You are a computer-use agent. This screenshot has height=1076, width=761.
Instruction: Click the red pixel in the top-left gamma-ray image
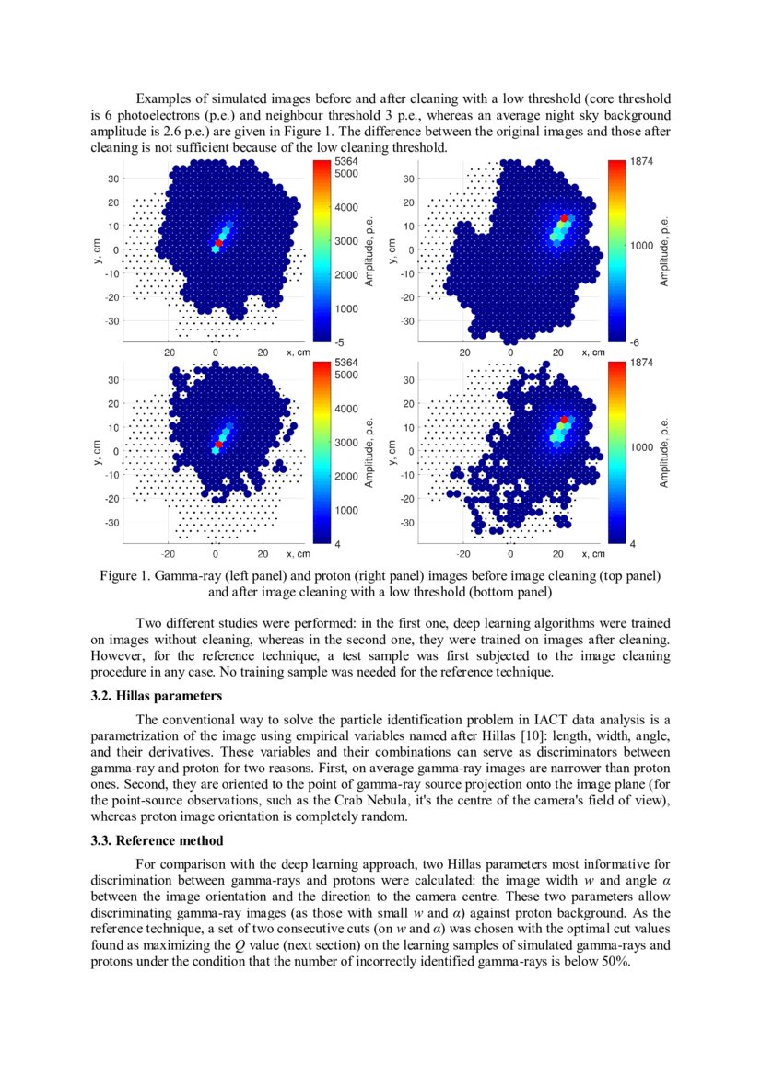[218, 242]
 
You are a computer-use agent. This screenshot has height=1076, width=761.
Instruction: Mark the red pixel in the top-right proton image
[564, 218]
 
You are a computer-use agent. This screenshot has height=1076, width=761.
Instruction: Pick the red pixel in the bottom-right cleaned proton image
[564, 420]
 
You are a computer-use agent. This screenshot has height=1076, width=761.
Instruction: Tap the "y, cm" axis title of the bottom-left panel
[96, 451]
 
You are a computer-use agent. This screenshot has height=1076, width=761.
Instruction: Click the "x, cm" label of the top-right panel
[590, 353]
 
